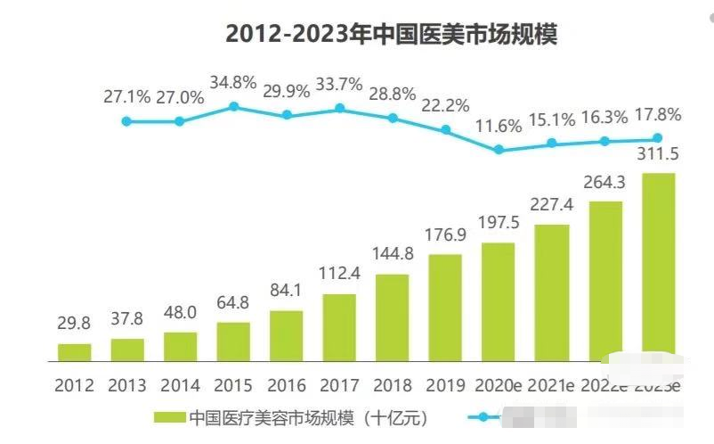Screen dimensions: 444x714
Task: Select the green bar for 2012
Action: pyautogui.click(x=75, y=353)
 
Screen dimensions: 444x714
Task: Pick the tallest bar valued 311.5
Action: pyautogui.click(x=658, y=267)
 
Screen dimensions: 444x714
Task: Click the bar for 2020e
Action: pyautogui.click(x=499, y=302)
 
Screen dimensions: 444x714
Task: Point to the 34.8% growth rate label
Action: pyautogui.click(x=233, y=84)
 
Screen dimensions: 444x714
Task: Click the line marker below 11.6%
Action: pyautogui.click(x=499, y=150)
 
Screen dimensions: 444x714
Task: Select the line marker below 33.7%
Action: pyautogui.click(x=339, y=109)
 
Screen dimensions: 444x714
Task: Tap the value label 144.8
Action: pyautogui.click(x=392, y=255)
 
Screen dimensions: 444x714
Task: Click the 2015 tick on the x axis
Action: pyautogui.click(x=233, y=385)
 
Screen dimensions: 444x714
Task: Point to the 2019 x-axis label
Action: pyautogui.click(x=445, y=385)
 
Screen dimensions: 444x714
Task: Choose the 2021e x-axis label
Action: pyautogui.click(x=552, y=385)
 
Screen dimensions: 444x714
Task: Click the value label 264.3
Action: pyautogui.click(x=604, y=183)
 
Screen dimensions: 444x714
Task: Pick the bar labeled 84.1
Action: pyautogui.click(x=287, y=336)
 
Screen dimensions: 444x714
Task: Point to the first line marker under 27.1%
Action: pyautogui.click(x=126, y=120)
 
